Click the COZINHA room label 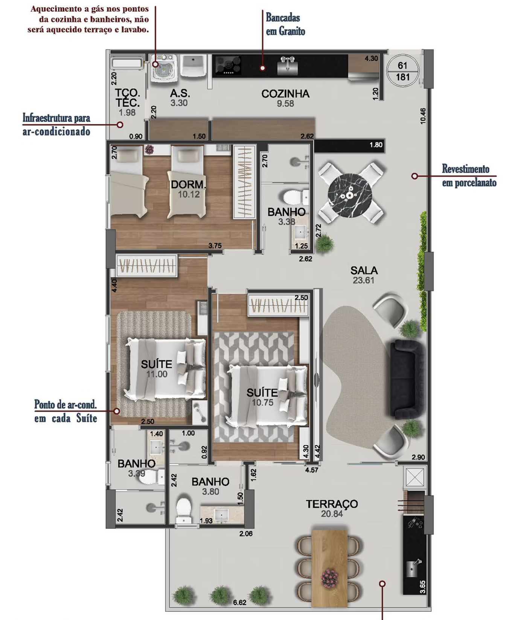click(285, 94)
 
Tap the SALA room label click(364, 270)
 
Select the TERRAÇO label click(332, 504)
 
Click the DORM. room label click(188, 185)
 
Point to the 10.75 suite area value click(262, 403)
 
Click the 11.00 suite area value click(157, 374)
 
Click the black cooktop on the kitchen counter click(228, 65)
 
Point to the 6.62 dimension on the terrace click(239, 602)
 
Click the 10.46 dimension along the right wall click(423, 116)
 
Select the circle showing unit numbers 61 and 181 click(403, 71)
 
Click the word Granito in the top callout click(292, 31)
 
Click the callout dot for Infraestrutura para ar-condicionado click(120, 125)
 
